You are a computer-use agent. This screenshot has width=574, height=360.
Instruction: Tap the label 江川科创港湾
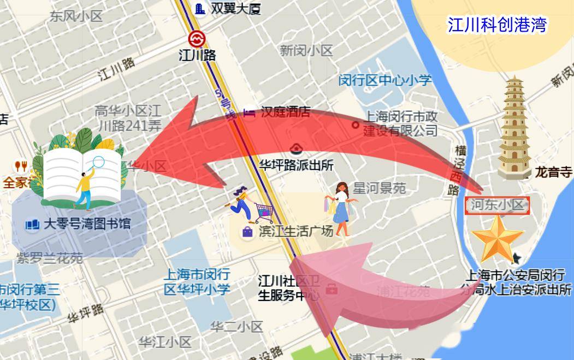(496, 25)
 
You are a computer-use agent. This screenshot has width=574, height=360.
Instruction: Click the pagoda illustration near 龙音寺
(514, 128)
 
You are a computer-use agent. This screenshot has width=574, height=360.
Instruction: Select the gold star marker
(497, 238)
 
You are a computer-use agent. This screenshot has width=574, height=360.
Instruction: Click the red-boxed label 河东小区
(497, 205)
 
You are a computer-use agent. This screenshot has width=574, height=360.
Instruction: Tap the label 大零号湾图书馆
(87, 223)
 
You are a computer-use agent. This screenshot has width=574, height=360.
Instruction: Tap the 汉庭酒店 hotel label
(285, 112)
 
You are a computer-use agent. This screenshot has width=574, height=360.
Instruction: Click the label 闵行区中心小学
(384, 80)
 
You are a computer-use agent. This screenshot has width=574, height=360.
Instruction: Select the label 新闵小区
(306, 51)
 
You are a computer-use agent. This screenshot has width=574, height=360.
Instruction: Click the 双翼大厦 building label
(236, 8)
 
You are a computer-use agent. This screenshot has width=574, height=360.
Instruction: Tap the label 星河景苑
(379, 188)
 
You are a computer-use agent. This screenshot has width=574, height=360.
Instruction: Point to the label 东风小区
(76, 16)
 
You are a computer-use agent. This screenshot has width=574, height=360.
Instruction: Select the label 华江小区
(164, 343)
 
